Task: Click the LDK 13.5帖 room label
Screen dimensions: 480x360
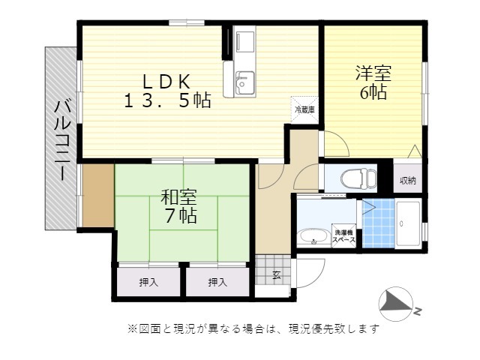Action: click(167, 91)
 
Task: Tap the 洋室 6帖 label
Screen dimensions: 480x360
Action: click(373, 82)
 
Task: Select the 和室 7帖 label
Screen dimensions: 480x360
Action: click(179, 206)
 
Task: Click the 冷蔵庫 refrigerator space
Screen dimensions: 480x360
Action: click(304, 110)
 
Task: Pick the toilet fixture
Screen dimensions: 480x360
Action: click(358, 178)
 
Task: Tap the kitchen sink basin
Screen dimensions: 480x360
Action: click(244, 83)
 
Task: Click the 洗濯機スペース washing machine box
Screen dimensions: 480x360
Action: click(343, 236)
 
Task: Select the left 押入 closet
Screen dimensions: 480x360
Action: click(148, 282)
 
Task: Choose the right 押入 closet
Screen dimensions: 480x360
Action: click(217, 282)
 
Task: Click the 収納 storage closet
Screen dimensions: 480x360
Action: click(408, 180)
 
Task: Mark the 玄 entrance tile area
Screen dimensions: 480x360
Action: click(273, 270)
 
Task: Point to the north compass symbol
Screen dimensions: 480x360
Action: click(397, 304)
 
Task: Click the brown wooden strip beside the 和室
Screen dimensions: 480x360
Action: click(98, 196)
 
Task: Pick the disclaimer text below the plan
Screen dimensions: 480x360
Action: click(253, 329)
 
